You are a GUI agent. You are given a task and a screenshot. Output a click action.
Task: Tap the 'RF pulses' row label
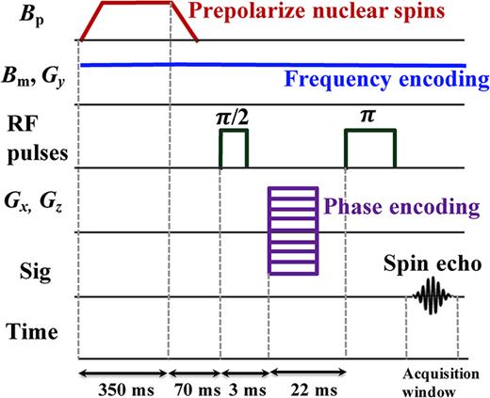pyautogui.click(x=32, y=137)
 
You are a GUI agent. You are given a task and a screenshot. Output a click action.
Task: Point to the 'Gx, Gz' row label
pyautogui.click(x=32, y=208)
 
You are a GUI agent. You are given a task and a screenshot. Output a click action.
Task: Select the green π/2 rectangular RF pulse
pyautogui.click(x=234, y=149)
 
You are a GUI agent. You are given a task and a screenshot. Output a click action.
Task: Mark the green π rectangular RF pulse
pyautogui.click(x=370, y=149)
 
